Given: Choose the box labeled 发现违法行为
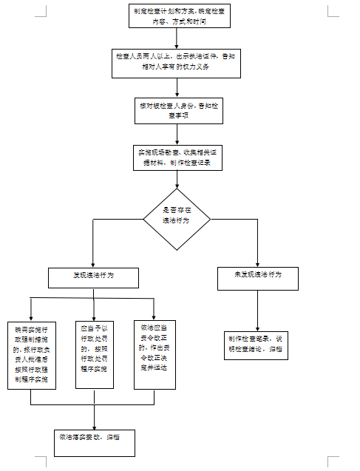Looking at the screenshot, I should click(x=93, y=277).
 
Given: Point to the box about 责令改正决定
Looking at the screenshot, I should click(x=154, y=354).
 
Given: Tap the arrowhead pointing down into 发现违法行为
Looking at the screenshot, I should click(x=92, y=262).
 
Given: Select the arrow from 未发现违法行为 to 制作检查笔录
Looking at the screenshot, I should click(x=257, y=311).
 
